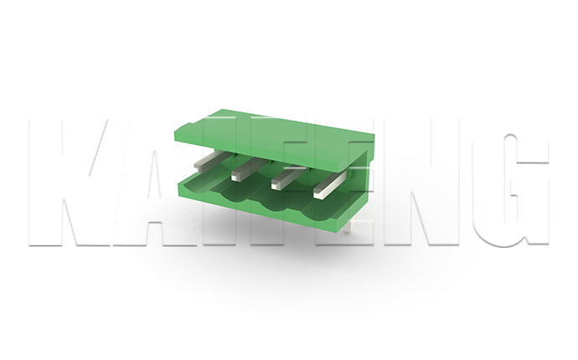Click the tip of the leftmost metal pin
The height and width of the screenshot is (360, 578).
pyautogui.click(x=197, y=167)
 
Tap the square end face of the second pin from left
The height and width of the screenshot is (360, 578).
pyautogui.click(x=234, y=177)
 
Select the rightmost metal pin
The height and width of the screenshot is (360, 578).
pyautogui.click(x=330, y=183)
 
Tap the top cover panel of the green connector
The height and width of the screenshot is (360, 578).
pyautogui.click(x=275, y=137)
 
